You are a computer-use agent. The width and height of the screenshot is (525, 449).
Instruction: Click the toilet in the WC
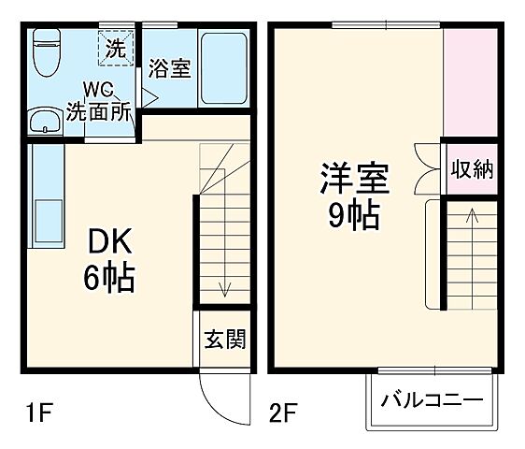tap(45, 54)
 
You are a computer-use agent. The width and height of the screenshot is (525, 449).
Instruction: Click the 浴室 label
tap(170, 69)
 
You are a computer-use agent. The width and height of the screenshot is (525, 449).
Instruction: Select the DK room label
tap(110, 241)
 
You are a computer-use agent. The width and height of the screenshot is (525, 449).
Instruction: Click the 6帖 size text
tap(110, 277)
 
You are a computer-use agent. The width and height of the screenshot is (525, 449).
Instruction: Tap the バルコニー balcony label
tap(432, 401)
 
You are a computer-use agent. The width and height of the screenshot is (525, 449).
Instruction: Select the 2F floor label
tap(283, 411)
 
